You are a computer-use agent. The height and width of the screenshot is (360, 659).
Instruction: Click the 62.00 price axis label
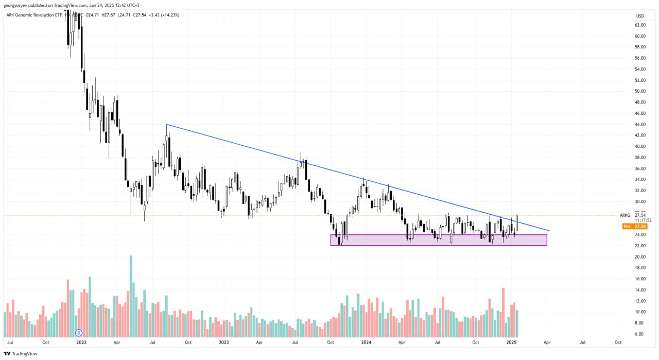coord(640,25)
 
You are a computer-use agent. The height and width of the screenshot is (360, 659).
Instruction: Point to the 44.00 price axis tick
coord(640,124)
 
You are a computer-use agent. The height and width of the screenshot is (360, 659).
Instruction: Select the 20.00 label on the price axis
coord(640,256)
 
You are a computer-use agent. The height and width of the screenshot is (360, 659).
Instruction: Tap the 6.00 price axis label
coord(640,334)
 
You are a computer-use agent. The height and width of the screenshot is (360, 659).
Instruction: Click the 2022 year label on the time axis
coord(81,342)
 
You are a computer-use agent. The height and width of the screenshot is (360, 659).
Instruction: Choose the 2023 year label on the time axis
coord(223,342)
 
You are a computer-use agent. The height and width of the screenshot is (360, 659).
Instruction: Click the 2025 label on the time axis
coord(511,342)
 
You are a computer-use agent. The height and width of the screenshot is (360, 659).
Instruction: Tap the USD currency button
coord(640,16)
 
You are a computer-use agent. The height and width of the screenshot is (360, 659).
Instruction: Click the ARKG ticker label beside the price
coord(625,215)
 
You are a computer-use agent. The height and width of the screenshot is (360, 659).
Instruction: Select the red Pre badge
coord(627,226)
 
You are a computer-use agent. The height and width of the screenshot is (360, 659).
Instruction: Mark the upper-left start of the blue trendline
coord(166,125)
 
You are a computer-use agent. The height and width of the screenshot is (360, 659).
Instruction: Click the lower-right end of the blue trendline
coord(550,231)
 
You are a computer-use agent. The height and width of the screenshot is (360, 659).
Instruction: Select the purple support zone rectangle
coord(438,240)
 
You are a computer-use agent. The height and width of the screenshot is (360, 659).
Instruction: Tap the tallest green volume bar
coord(131,296)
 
